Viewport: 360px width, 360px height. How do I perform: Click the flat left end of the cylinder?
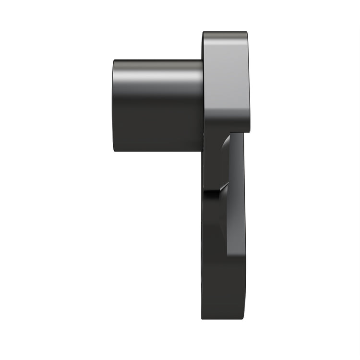pyautogui.click(x=115, y=106)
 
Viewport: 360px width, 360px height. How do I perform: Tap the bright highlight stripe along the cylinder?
pyautogui.click(x=158, y=76)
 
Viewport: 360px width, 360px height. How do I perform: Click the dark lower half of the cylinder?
pyautogui.click(x=158, y=130)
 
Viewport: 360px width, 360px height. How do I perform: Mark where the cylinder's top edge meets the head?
pyautogui.click(x=202, y=60)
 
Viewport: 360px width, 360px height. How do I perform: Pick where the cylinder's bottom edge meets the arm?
pyautogui.click(x=202, y=151)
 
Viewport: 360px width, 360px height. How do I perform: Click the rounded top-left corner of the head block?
pyautogui.click(x=204, y=33)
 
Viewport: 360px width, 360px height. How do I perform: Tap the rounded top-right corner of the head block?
pyautogui.click(x=246, y=34)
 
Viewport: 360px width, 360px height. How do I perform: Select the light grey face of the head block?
pyautogui.click(x=226, y=82)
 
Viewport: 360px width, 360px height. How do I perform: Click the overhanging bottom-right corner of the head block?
pyautogui.click(x=248, y=131)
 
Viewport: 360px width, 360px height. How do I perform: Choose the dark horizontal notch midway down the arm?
pyautogui.click(x=211, y=193)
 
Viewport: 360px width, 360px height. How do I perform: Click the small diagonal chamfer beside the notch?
pyautogui.click(x=222, y=188)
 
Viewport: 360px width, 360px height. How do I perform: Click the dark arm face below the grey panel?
pyautogui.click(x=223, y=288)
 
